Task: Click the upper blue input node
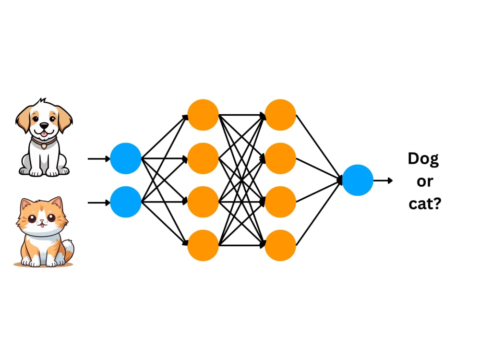coord(125,158)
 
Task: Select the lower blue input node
coord(125,202)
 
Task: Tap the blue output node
coord(358,180)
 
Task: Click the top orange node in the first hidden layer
coord(203,115)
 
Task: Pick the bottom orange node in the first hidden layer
coord(203,245)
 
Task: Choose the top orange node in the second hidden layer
coord(280,115)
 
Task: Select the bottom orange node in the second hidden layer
coord(280,245)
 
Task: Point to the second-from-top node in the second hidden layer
coord(280,158)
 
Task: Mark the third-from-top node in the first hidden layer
coord(203,202)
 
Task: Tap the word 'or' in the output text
coord(425,181)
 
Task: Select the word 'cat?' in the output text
coord(425,203)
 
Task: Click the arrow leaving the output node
coord(383,180)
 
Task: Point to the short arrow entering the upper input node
coord(99,158)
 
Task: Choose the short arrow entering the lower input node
coord(99,203)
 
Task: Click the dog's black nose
coord(44,125)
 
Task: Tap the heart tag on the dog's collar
coord(44,146)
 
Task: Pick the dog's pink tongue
coord(45,133)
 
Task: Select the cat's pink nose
coord(42,221)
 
